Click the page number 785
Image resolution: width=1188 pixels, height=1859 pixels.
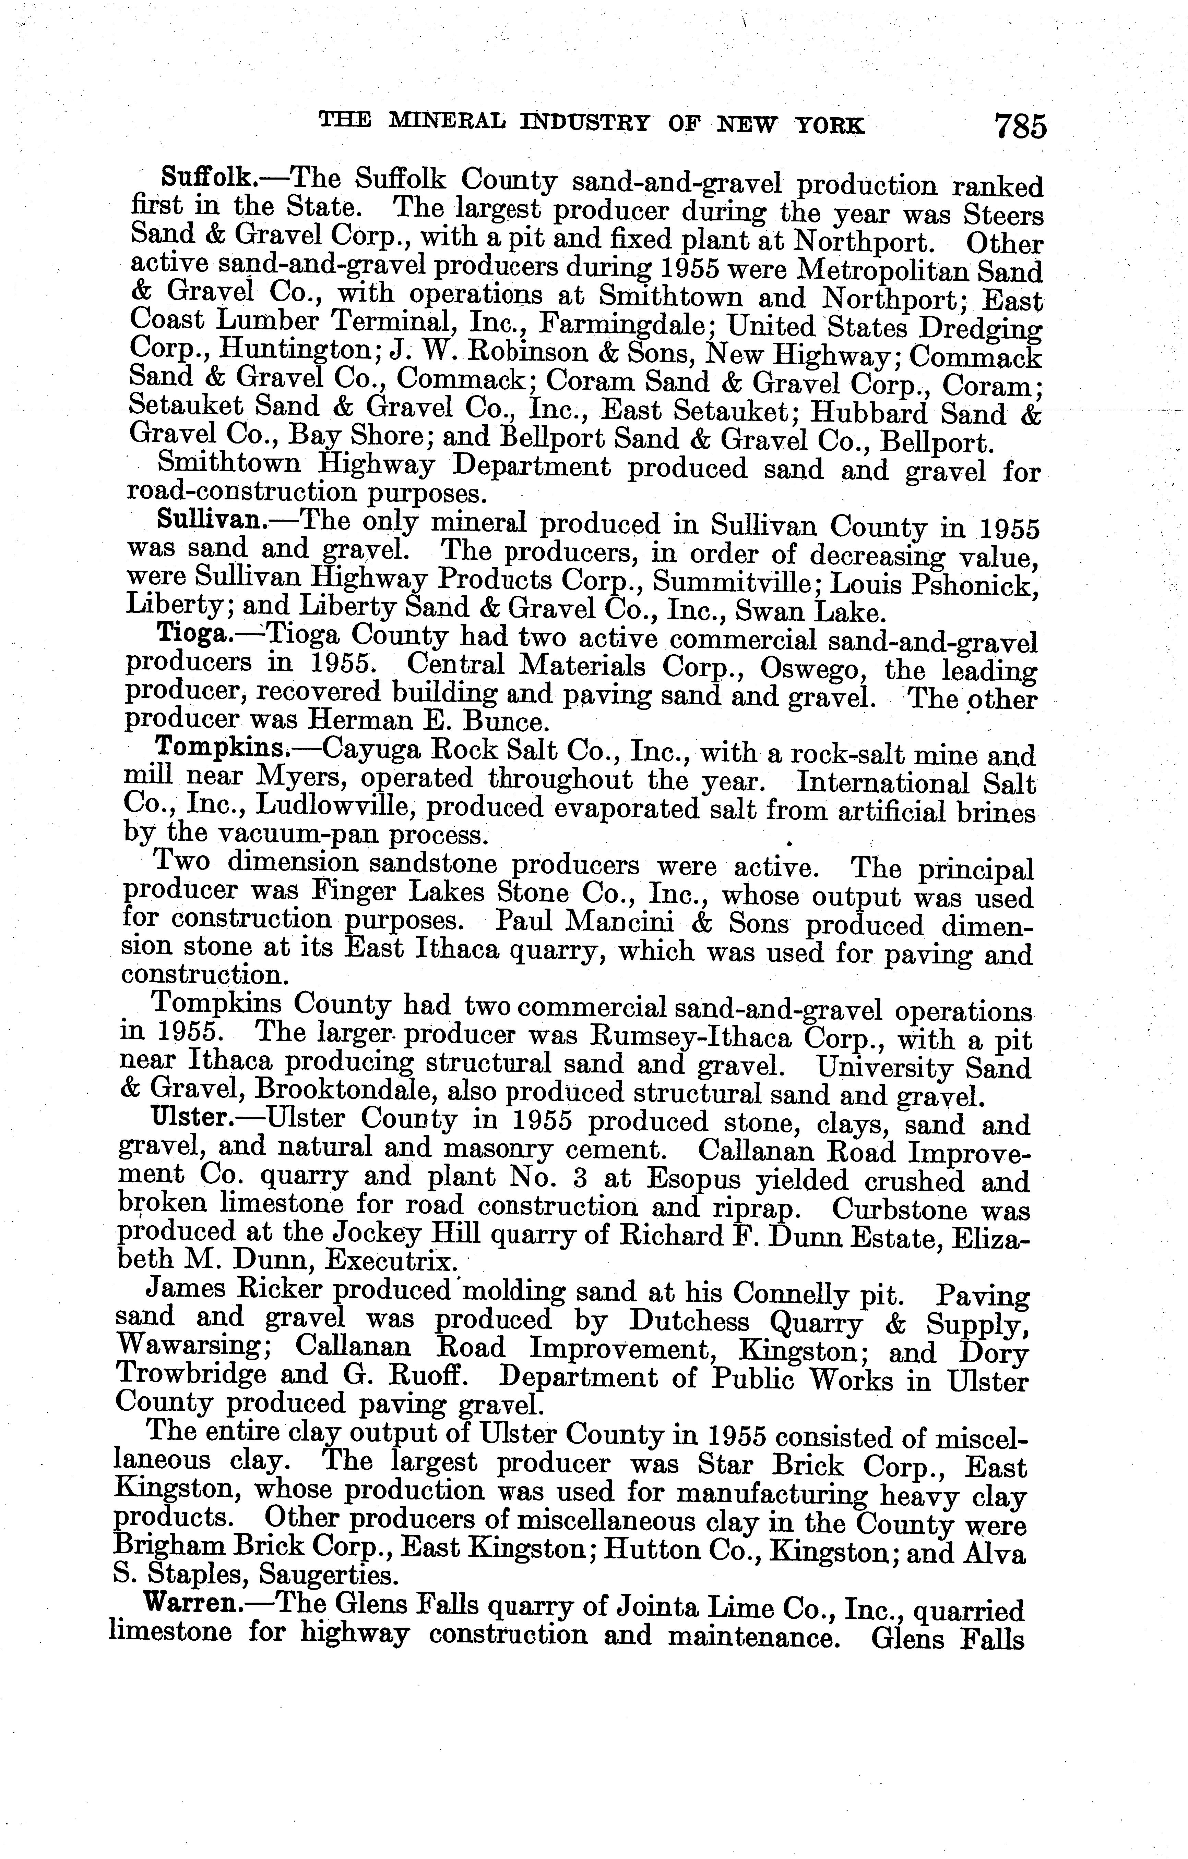click(x=1020, y=126)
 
